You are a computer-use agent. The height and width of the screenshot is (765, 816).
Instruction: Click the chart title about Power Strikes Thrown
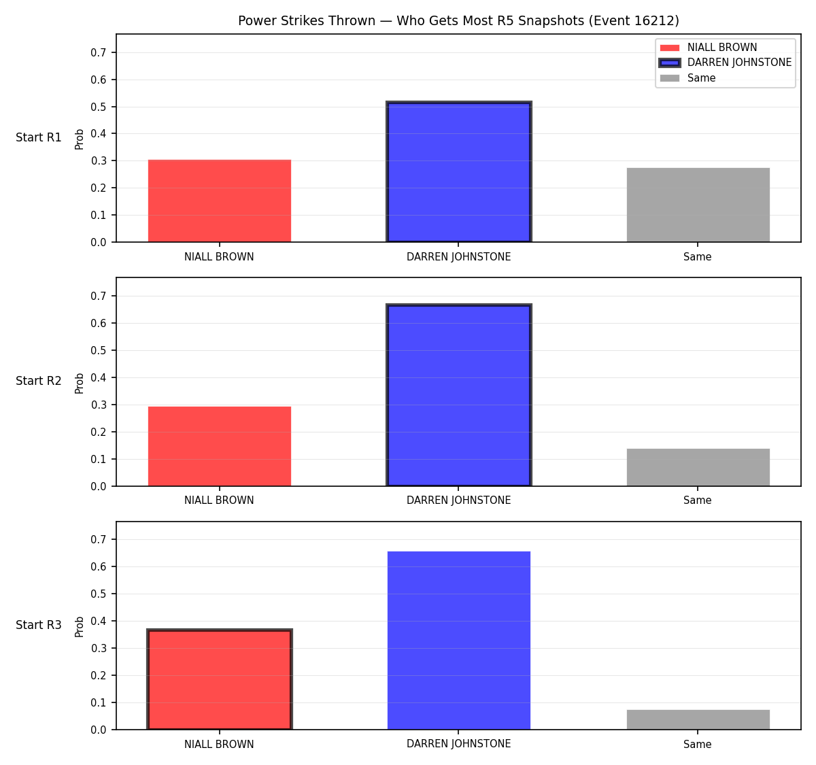[x=458, y=20]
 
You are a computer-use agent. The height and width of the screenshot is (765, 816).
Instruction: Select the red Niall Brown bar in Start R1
[x=220, y=201]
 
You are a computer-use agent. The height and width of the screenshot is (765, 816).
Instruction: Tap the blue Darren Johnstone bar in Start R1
[x=458, y=171]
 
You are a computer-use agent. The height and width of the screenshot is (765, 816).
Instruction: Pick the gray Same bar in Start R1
[x=698, y=205]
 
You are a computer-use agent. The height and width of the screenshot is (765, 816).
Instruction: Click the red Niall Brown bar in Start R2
[x=220, y=446]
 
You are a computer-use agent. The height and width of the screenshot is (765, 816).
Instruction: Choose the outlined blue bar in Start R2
[x=458, y=395]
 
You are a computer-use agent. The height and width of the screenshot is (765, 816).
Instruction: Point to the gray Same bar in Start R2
[x=698, y=467]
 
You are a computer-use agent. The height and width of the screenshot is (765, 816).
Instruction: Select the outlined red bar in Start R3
[x=220, y=679]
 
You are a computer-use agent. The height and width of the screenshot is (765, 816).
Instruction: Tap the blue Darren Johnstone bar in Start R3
[x=458, y=641]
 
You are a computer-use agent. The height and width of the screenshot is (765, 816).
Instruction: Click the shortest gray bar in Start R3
[x=698, y=720]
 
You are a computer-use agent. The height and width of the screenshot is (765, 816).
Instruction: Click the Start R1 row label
[x=38, y=137]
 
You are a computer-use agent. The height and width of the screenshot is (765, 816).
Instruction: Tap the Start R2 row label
[x=38, y=381]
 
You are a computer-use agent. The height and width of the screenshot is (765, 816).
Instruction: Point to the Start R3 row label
[x=38, y=625]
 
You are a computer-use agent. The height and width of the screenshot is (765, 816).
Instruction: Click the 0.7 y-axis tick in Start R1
[x=98, y=52]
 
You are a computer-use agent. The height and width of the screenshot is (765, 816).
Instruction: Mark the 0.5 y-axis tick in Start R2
[x=98, y=351]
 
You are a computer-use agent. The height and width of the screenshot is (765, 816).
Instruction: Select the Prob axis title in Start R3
[x=79, y=627]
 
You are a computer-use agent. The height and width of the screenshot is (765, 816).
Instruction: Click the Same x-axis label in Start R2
[x=697, y=500]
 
